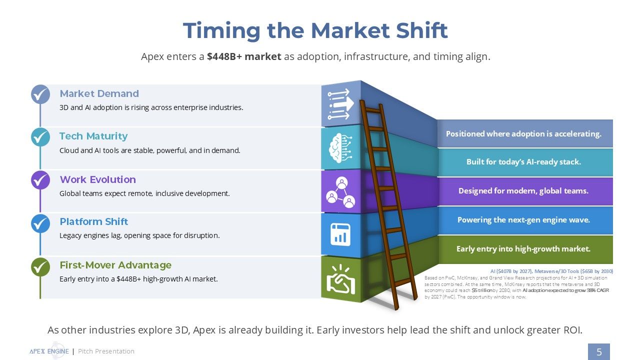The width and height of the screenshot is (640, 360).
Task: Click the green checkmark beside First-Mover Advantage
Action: tap(40, 267)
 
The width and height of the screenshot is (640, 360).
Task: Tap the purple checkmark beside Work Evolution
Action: tap(40, 180)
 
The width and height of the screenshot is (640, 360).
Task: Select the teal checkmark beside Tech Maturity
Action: tap(40, 137)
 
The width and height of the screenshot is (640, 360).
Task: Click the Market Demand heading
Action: tap(99, 93)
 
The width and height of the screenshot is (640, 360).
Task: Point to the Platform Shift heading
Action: tap(93, 221)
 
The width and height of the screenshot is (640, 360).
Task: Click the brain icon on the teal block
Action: tap(340, 148)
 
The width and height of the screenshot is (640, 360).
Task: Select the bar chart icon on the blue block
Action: tap(340, 235)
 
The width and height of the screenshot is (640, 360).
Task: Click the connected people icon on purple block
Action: tap(340, 192)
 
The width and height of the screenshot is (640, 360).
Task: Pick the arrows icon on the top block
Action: tap(340, 104)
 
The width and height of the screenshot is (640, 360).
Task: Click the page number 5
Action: tap(599, 351)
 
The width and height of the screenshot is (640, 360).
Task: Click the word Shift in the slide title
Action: tap(422, 30)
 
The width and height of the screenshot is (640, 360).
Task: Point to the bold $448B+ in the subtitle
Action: tap(224, 56)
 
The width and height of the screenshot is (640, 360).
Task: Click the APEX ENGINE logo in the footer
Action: tap(49, 351)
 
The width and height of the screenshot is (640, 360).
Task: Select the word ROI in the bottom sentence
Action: tap(572, 330)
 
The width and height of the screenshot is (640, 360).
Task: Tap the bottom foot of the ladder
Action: tap(396, 307)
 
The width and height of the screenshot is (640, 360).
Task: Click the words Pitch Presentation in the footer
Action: tap(106, 351)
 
